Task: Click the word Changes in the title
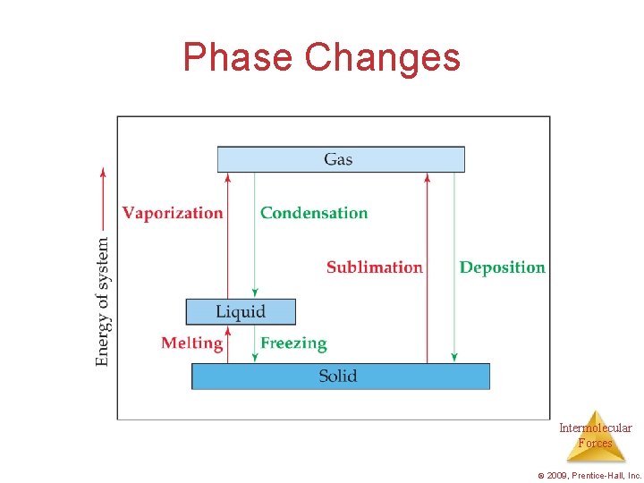coord(382,57)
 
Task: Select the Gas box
coord(341,159)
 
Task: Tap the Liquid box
coord(240,311)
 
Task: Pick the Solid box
coord(340,376)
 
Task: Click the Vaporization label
coord(173,213)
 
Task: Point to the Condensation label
coord(314,213)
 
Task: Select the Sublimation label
coord(374,267)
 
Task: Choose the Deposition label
coord(502,267)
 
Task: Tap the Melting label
coord(191,343)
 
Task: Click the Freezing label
coord(293,343)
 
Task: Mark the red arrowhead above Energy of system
coord(103,172)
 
